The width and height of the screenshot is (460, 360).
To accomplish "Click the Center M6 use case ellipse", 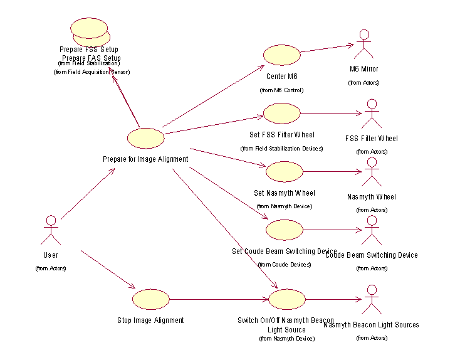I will [282, 55].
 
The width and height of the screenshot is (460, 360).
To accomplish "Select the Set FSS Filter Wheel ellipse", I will [282, 114].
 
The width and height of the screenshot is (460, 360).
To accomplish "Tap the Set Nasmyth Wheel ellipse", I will [285, 171].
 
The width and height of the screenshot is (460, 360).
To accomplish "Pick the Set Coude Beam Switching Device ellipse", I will [285, 230].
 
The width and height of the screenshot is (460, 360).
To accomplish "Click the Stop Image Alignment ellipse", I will [151, 299].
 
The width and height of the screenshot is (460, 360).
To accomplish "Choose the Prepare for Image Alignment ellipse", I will [145, 138].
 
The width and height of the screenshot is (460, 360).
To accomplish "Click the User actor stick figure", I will [51, 230].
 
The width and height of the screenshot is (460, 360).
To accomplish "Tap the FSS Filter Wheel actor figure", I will [371, 114].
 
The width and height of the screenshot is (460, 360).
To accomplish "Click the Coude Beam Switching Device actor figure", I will [371, 230].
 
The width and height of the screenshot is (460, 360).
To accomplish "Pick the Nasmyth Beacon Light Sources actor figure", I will [371, 299].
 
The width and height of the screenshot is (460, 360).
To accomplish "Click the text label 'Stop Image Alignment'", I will [151, 320].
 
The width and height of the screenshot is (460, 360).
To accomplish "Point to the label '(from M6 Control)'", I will [281, 90].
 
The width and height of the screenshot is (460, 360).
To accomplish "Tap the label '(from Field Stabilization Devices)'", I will [281, 149].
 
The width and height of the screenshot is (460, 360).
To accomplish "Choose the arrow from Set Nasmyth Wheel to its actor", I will [332, 171].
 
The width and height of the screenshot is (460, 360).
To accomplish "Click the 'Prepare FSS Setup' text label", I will [89, 49].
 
